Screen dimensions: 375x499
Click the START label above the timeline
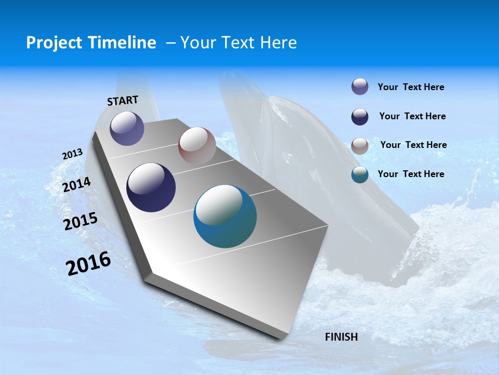(x=123, y=101)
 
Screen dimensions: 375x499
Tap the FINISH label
(x=342, y=337)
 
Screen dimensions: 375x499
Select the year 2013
(x=73, y=154)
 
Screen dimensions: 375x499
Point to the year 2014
(x=77, y=184)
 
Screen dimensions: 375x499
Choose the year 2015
(x=81, y=221)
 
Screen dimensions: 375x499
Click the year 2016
(x=88, y=264)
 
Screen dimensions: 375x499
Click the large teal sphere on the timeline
(x=225, y=216)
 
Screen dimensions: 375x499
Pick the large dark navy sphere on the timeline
(x=151, y=187)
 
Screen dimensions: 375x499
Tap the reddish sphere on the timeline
(x=197, y=146)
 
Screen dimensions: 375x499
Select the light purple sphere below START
(x=127, y=128)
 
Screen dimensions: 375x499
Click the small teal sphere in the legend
(x=360, y=174)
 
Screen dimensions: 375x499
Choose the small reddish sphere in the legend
(x=360, y=146)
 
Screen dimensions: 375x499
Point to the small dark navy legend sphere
(x=360, y=117)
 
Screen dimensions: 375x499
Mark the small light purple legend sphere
(x=360, y=87)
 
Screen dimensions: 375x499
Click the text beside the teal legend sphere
(x=411, y=174)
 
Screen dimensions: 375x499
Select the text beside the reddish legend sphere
(x=413, y=145)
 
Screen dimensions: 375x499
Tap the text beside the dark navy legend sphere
(x=412, y=116)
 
